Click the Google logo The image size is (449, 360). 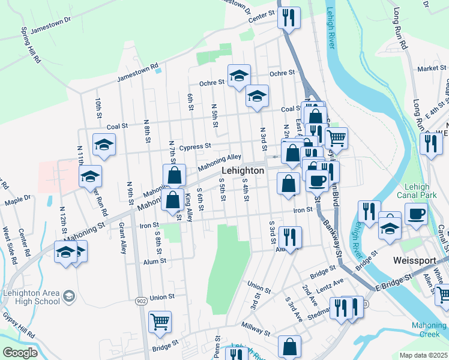pyautogui.click(x=19, y=352)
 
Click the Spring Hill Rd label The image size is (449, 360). pyautogui.click(x=30, y=45)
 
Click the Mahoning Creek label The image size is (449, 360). pyautogui.click(x=429, y=329)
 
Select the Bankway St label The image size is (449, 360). pyautogui.click(x=333, y=238)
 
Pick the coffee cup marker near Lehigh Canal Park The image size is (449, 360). pyautogui.click(x=416, y=214)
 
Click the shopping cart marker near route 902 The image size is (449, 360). pyautogui.click(x=160, y=321)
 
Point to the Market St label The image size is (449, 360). pyautogui.click(x=429, y=69)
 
